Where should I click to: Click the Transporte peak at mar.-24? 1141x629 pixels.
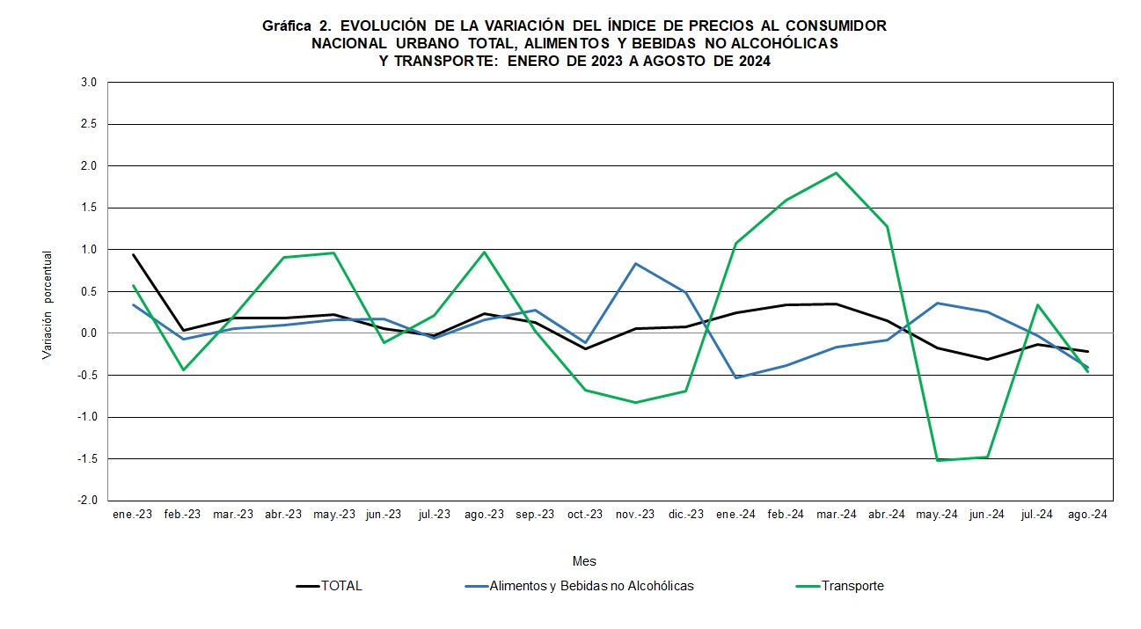(x=837, y=172)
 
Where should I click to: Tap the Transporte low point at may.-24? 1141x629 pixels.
(x=938, y=460)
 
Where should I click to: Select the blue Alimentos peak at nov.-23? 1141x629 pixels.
(x=635, y=264)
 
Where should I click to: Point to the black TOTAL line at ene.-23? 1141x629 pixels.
(x=134, y=254)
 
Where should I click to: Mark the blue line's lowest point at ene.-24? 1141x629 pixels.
(x=736, y=377)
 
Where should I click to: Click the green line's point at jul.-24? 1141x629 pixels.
(x=1038, y=305)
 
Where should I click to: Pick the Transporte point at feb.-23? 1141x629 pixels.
(x=184, y=369)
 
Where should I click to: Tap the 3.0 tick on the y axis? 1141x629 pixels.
(x=88, y=83)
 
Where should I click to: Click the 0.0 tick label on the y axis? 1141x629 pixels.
(x=88, y=333)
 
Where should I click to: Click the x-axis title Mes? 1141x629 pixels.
(x=584, y=561)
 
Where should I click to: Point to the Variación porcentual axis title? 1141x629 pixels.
(x=48, y=304)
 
